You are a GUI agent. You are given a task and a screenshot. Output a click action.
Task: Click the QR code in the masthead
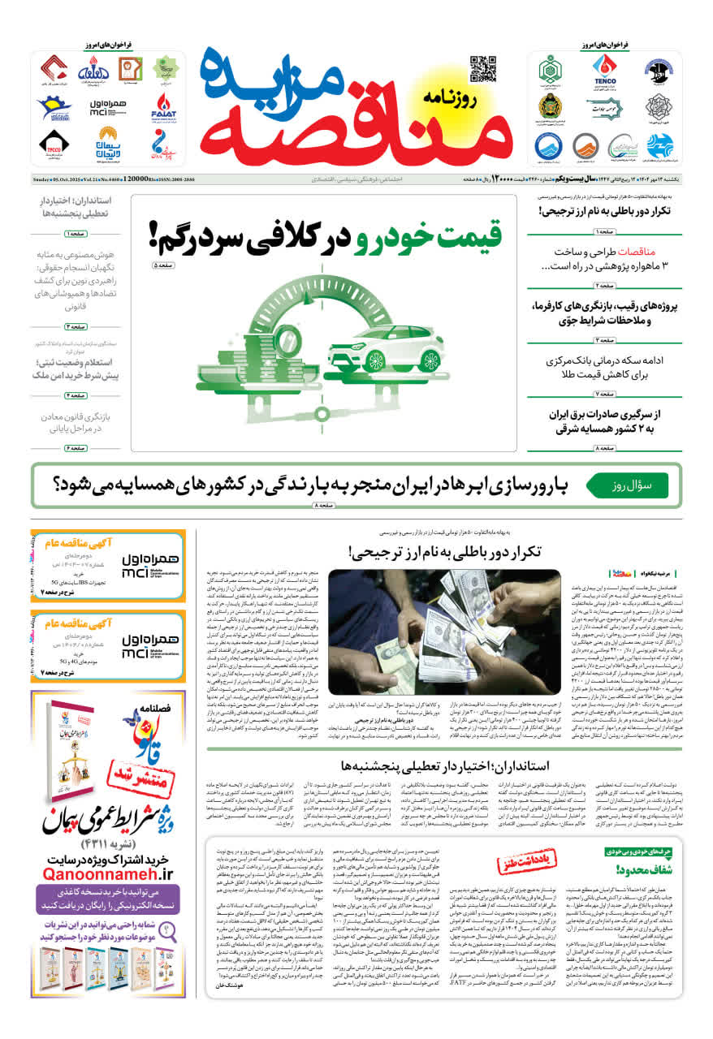(482, 69)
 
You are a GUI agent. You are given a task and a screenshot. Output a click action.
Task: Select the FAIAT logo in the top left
(164, 106)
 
